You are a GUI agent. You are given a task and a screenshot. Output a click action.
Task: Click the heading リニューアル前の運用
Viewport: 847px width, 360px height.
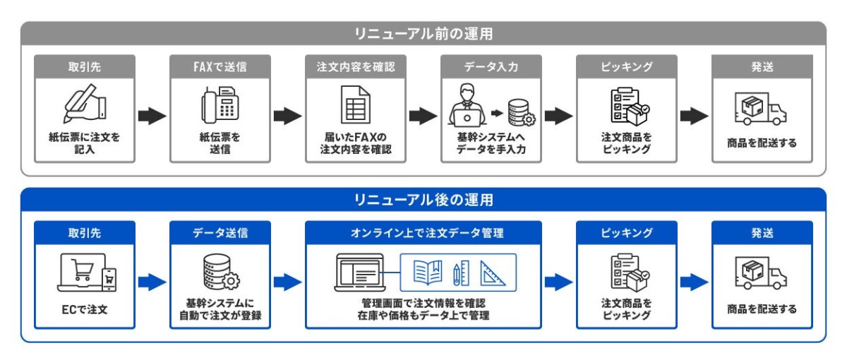(423, 34)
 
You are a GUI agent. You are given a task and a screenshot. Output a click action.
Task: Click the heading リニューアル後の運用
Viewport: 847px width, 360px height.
(423, 200)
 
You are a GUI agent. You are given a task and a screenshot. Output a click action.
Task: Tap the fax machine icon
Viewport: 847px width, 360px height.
(220, 104)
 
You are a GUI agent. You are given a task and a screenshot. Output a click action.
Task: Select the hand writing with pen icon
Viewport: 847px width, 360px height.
(85, 103)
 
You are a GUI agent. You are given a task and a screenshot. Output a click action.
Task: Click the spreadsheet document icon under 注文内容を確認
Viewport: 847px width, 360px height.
(356, 104)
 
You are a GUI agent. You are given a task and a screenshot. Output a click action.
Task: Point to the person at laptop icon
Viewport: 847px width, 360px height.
(467, 105)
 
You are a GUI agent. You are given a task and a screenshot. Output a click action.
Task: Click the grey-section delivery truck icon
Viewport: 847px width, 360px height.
(761, 109)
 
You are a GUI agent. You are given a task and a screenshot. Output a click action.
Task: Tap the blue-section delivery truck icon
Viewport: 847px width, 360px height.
(761, 273)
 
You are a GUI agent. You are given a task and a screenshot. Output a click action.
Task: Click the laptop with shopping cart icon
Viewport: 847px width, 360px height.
(87, 272)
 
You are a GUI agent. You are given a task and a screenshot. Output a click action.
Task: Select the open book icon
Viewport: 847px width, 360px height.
(428, 272)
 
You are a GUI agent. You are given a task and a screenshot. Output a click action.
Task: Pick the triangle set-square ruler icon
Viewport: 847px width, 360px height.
(493, 272)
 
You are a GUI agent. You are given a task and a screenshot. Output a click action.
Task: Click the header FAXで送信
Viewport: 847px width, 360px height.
(220, 67)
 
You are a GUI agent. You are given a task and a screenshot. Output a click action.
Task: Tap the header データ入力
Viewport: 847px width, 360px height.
(491, 67)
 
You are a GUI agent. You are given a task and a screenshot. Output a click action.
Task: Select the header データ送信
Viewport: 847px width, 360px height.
(220, 233)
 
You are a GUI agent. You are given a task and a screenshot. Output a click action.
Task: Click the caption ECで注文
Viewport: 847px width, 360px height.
(85, 310)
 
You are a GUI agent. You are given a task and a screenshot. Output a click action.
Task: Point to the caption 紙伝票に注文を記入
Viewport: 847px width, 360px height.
(84, 143)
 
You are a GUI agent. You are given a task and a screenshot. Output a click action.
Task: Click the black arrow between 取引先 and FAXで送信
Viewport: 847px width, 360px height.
(152, 116)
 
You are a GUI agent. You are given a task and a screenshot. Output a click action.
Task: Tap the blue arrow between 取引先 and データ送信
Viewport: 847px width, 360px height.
(152, 282)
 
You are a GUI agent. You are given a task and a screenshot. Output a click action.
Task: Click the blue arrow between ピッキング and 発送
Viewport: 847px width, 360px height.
(695, 282)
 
